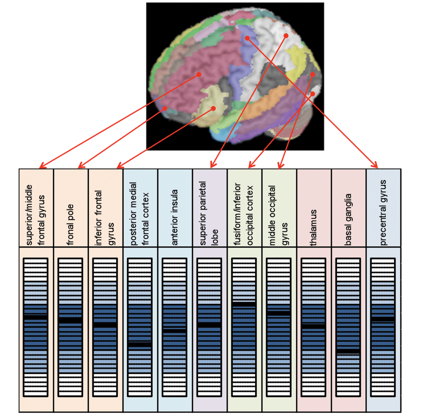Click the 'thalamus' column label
pos(313,227)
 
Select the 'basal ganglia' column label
pos(348,220)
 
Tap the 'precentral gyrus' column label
pos(383,213)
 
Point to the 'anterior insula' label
pos(175,217)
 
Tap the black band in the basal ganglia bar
pos(348,351)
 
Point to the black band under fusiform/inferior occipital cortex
pos(244,304)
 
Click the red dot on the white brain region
pos(286,35)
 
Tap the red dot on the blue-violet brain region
pos(247,38)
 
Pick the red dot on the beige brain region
pos(213,108)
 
